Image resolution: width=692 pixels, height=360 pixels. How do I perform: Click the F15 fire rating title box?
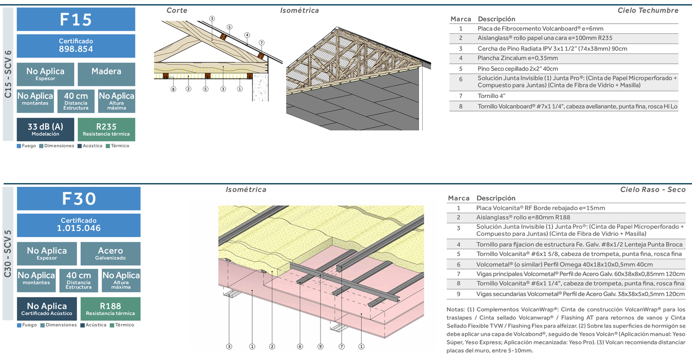[76, 20]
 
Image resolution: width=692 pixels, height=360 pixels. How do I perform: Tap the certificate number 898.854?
[76, 49]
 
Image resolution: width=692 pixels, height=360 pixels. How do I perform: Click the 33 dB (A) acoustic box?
[45, 129]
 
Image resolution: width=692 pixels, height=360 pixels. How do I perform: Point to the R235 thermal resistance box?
[106, 129]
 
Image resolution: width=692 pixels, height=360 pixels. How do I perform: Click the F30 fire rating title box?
[79, 199]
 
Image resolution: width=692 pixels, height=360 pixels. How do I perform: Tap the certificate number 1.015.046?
[79, 228]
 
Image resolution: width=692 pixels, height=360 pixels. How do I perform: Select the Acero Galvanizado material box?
[110, 253]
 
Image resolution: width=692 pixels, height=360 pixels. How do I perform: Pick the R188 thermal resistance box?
[110, 308]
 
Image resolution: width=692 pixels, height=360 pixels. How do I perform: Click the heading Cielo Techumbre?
[647, 10]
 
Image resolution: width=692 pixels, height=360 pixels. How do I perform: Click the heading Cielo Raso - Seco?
[652, 189]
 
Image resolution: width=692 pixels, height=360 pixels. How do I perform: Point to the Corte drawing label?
[177, 10]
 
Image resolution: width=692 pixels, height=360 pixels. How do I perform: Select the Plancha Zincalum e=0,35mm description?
[517, 58]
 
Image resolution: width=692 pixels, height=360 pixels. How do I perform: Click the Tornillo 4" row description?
[491, 96]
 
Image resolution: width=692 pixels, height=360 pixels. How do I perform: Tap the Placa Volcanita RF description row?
[540, 208]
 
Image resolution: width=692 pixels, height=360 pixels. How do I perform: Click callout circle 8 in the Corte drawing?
[173, 89]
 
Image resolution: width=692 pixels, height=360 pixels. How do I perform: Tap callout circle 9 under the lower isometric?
[320, 346]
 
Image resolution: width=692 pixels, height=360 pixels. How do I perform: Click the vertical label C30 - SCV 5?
[8, 254]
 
